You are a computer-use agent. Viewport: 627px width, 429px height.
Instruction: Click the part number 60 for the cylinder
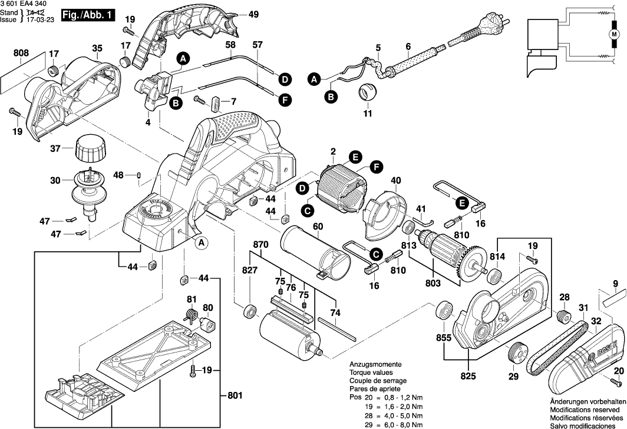[x=318, y=226]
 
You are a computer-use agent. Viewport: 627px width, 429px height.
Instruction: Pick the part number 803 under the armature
[x=433, y=284]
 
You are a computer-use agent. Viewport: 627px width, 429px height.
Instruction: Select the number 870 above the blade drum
[x=261, y=244]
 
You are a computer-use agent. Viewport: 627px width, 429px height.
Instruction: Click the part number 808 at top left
[x=21, y=53]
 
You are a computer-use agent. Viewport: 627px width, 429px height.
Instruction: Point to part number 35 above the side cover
[x=97, y=48]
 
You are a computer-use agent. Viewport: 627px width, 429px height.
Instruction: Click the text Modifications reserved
[x=584, y=410]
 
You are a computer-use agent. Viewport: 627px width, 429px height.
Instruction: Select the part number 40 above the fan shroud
[x=395, y=180]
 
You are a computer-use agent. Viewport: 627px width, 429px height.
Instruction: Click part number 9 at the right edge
[x=615, y=284]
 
